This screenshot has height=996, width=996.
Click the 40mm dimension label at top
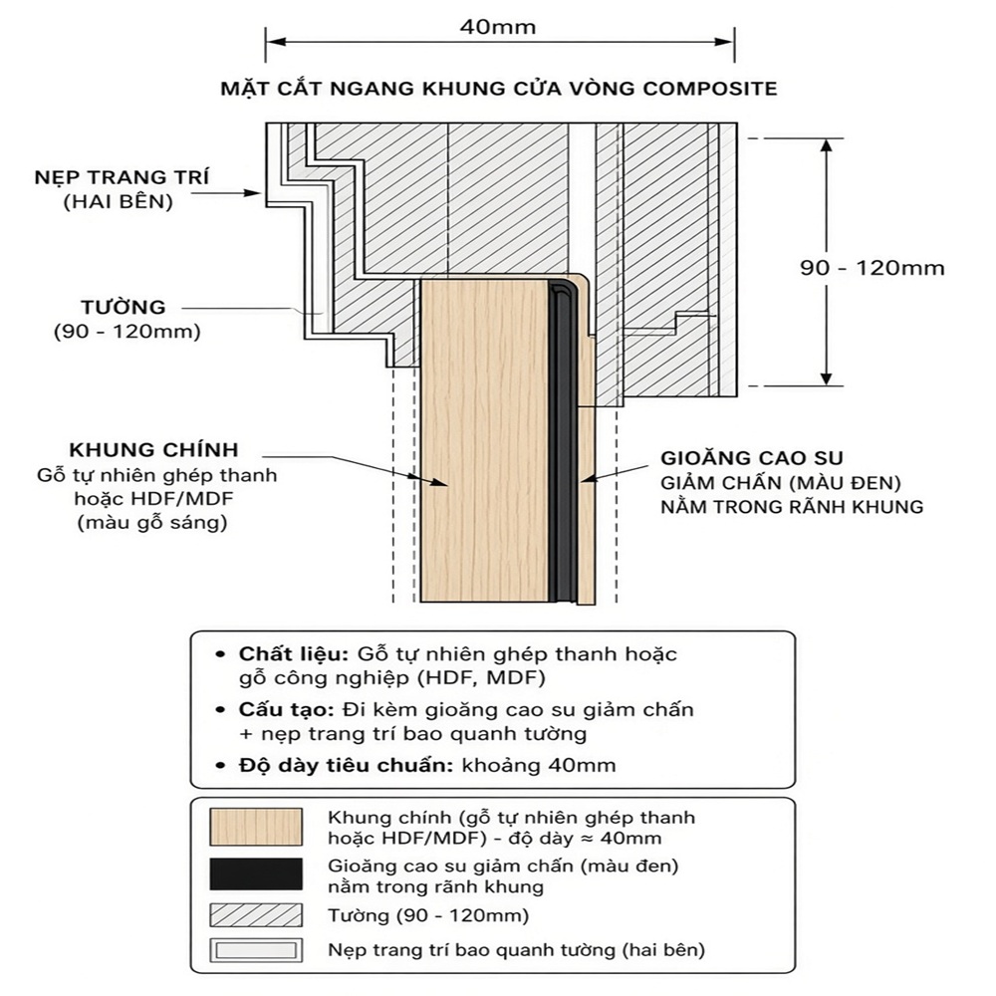pos(498,27)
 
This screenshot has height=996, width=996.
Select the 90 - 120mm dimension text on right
pos(872,267)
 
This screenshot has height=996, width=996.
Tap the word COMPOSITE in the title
pos(710,89)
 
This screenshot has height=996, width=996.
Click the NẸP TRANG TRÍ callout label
pos(122,177)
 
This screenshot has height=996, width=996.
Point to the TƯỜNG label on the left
pos(124,307)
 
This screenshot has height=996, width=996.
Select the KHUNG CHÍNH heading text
pos(153,450)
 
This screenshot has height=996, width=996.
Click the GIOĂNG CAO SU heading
pos(752,458)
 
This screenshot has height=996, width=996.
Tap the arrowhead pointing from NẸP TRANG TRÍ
pos(254,192)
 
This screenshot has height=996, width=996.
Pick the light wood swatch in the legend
pos(256,827)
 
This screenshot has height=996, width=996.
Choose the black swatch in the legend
pos(256,874)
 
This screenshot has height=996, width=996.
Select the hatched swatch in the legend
pos(256,915)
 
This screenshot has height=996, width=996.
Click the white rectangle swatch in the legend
pos(256,950)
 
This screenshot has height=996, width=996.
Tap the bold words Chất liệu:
pos(294,654)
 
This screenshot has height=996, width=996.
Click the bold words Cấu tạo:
pos(287,709)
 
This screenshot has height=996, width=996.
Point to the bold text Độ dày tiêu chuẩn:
pos(346,765)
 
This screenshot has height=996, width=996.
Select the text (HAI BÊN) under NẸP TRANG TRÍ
pos(119,202)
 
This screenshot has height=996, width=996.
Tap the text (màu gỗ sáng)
pos(152,523)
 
